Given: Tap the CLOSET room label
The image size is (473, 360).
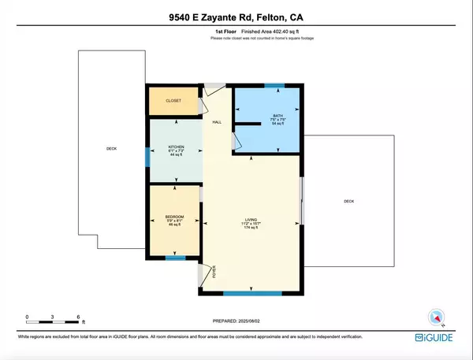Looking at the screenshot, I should point(173,101).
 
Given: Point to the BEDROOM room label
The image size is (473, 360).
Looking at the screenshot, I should point(174,217).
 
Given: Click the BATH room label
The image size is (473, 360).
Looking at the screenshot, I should point(266,116).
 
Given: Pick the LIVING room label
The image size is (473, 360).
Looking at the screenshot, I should point(251,219).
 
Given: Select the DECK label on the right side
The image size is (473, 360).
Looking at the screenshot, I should point(348,202).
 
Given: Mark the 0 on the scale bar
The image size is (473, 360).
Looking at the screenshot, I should point(28,317).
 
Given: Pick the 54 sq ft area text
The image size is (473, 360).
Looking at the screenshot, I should point(266,124).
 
